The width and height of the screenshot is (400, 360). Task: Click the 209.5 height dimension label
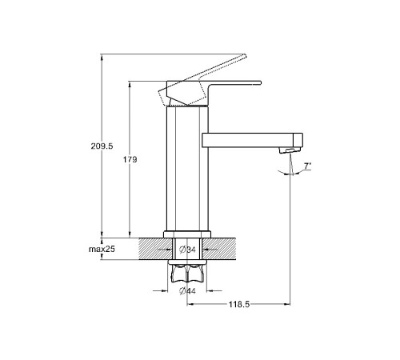click(102, 146)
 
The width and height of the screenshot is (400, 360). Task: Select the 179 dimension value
click(130, 159)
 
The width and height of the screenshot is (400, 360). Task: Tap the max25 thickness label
click(102, 249)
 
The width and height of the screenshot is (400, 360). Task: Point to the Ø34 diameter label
click(187, 250)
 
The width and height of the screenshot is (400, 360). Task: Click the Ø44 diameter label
click(187, 291)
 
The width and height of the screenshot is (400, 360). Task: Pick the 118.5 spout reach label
click(239, 304)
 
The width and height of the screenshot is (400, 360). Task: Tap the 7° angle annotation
click(307, 166)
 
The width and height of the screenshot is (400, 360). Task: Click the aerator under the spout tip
click(290, 150)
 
